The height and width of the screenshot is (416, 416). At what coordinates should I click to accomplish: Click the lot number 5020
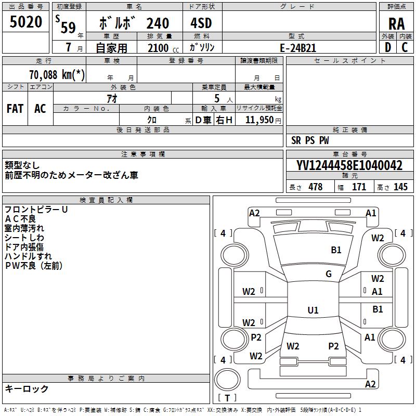pyautogui.click(x=25, y=22)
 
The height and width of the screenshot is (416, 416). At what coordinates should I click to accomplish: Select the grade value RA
pyautogui.click(x=396, y=24)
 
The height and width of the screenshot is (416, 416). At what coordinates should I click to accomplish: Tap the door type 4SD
pyautogui.click(x=201, y=23)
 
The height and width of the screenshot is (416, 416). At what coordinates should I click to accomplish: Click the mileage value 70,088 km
pyautogui.click(x=57, y=74)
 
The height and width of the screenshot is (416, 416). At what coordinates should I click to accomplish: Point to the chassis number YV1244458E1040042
pyautogui.click(x=349, y=165)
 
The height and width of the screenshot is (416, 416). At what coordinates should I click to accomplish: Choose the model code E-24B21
pyautogui.click(x=298, y=48)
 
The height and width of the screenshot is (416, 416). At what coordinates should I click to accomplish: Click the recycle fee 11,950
pyautogui.click(x=259, y=120)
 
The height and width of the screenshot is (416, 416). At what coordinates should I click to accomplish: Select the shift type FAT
pyautogui.click(x=15, y=109)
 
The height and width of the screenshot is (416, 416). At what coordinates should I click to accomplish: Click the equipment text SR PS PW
pyautogui.click(x=310, y=140)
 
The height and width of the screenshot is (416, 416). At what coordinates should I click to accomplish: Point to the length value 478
pyautogui.click(x=316, y=187)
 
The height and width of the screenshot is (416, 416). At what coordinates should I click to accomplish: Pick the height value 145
pyautogui.click(x=400, y=187)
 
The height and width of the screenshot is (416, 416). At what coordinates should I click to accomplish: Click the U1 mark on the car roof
pyautogui.click(x=313, y=310)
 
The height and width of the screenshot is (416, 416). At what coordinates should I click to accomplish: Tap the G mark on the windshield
pyautogui.click(x=329, y=274)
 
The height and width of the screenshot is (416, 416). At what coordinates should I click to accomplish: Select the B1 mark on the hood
pyautogui.click(x=336, y=250)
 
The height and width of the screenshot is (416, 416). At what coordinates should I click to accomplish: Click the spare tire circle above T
pyautogui.click(x=227, y=380)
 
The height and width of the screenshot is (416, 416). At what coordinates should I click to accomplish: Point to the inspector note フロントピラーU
pyautogui.click(x=36, y=210)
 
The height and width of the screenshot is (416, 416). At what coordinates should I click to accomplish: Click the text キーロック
pyautogui.click(x=27, y=389)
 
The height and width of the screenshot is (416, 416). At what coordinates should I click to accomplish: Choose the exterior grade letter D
pyautogui.click(x=387, y=47)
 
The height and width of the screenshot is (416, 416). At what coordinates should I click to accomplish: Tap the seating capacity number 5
pyautogui.click(x=217, y=98)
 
